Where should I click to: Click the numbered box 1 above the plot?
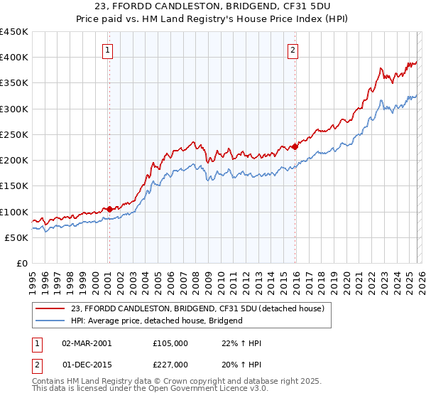(108, 50)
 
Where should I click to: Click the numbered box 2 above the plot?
(293, 50)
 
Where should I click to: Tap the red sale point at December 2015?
(295, 147)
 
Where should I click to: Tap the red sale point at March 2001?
(109, 210)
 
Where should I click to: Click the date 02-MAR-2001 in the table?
(87, 343)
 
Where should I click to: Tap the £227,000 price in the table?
(170, 364)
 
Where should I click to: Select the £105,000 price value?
(170, 343)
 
